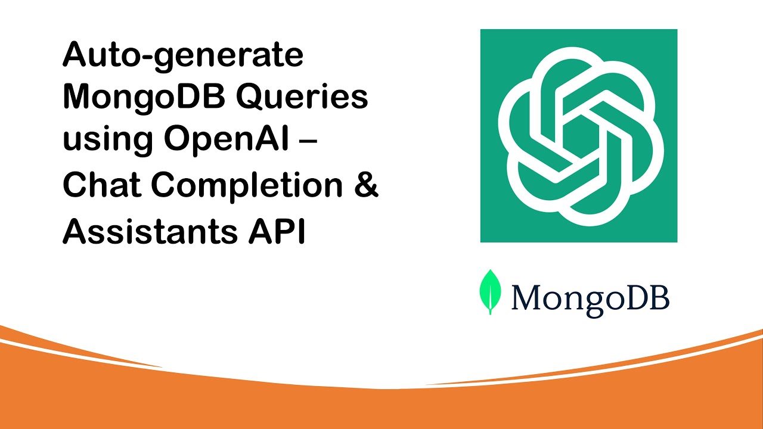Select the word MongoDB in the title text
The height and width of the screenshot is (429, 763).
[141, 98]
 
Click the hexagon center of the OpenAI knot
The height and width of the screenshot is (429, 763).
[579, 136]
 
